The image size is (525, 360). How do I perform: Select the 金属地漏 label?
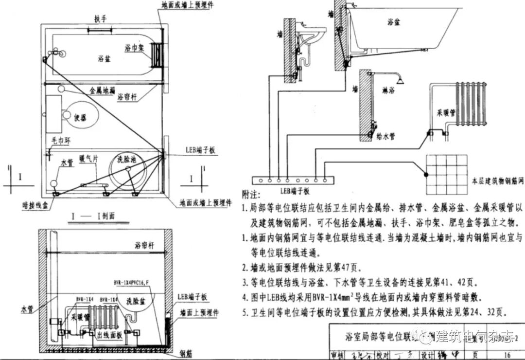tap(102, 90)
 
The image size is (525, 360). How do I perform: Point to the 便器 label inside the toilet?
tap(80, 118)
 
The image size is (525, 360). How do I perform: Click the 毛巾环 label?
tap(62, 141)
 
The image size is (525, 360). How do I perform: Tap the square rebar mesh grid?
tap(446, 174)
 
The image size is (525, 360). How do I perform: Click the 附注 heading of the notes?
tap(252, 194)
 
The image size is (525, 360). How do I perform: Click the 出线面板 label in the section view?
tap(110, 336)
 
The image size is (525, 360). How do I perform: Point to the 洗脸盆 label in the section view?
tap(136, 300)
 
